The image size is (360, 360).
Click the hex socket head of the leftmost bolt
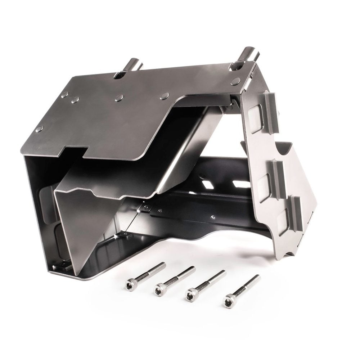(129, 284)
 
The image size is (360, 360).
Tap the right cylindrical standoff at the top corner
(251, 54)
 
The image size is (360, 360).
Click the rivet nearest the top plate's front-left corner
(39, 129)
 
